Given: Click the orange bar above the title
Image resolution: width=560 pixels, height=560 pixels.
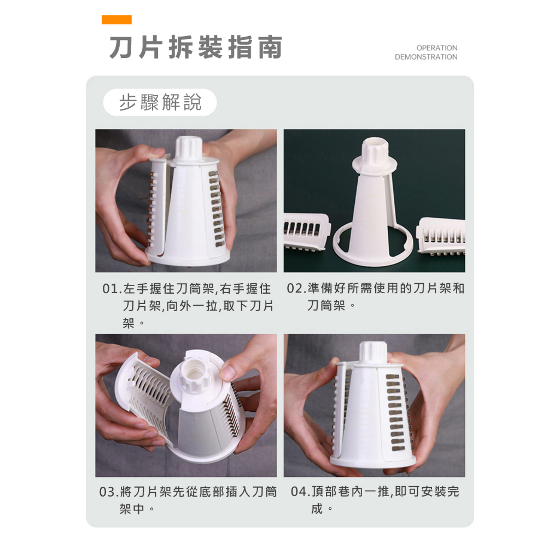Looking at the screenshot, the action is click(x=116, y=20).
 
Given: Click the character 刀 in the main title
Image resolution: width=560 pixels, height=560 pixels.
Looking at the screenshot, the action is click(x=121, y=47).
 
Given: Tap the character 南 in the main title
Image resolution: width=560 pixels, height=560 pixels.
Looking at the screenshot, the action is click(x=270, y=47).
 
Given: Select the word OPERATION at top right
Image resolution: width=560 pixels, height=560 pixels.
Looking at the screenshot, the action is click(x=437, y=48).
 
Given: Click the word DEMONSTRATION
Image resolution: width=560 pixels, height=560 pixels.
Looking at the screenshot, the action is click(x=426, y=57).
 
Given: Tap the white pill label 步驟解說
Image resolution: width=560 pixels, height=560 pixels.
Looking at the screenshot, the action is click(x=160, y=102).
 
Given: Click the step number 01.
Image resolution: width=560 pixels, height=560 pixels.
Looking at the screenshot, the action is click(x=110, y=289).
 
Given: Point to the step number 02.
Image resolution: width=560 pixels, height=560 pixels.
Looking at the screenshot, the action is click(x=295, y=288).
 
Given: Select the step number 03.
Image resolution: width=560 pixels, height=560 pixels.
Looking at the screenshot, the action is click(x=107, y=492).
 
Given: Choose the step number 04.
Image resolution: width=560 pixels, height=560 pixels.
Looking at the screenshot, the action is click(x=299, y=492).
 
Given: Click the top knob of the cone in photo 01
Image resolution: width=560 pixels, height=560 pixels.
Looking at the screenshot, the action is click(x=189, y=147).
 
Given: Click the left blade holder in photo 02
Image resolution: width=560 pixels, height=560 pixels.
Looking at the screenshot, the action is click(x=306, y=232).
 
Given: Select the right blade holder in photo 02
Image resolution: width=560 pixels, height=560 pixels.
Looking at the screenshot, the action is click(x=441, y=236).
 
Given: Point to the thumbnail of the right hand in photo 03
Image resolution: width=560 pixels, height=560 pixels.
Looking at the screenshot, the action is click(x=227, y=373).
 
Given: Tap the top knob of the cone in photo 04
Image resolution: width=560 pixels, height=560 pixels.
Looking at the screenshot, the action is click(x=373, y=353).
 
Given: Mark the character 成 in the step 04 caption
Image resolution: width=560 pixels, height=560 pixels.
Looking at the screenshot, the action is click(x=317, y=509).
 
